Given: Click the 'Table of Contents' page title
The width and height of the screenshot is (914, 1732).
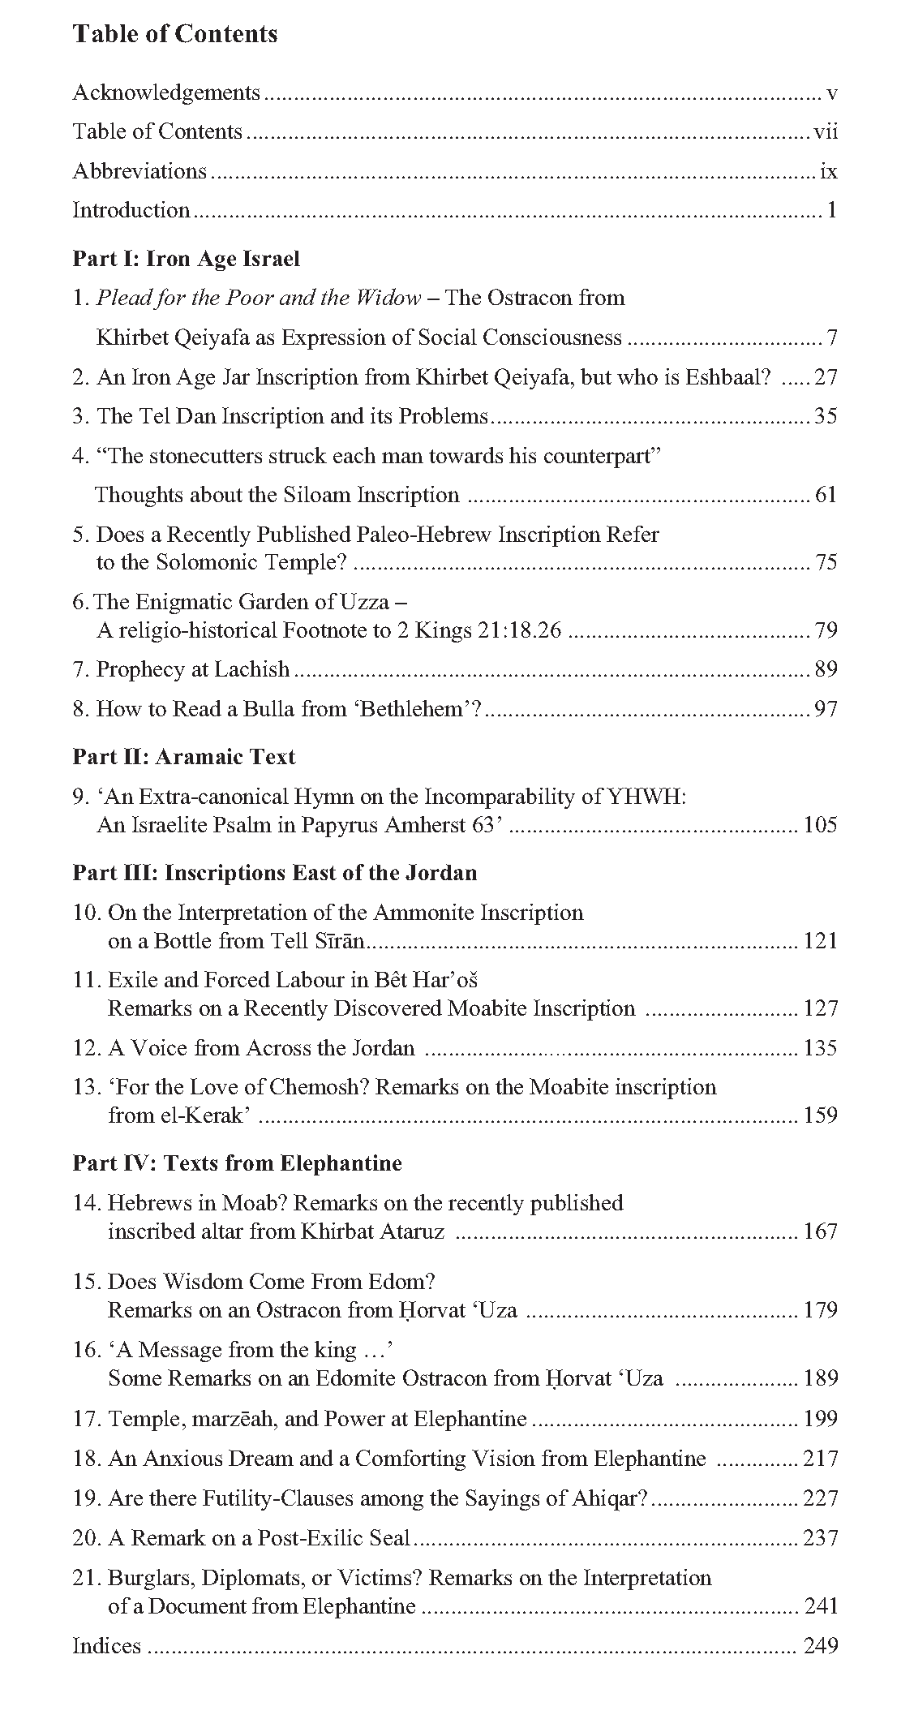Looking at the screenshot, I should click(175, 34).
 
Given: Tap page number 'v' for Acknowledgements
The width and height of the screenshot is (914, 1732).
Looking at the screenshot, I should click(831, 93).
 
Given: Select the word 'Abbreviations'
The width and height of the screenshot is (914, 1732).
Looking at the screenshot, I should click(139, 171).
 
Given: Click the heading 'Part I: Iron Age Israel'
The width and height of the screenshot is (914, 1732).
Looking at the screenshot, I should click(187, 259).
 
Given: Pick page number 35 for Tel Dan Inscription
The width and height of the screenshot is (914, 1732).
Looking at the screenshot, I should click(825, 416).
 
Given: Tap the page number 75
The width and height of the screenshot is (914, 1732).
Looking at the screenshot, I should click(825, 562).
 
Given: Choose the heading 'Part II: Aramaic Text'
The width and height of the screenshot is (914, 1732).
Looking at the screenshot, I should click(184, 757).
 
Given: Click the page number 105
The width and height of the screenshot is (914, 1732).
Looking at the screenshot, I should click(820, 825).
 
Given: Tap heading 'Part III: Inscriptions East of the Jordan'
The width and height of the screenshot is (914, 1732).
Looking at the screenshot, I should click(275, 873).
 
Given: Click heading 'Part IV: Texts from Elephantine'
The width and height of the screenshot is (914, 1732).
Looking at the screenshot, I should click(238, 1163).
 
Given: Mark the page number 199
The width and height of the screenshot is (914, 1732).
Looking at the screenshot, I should click(820, 1419).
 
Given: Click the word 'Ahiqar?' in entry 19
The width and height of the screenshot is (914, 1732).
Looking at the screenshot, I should click(607, 1498).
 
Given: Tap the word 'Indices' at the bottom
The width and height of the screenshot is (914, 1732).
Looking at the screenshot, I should click(106, 1646).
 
